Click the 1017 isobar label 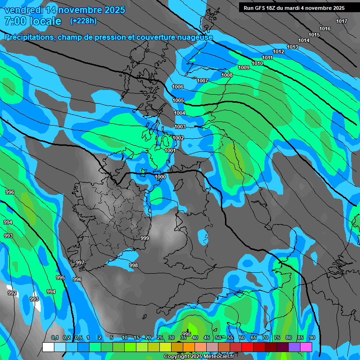click(x=342, y=21)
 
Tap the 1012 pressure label click(x=278, y=52)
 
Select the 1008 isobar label click(x=227, y=75)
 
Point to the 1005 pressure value click(x=179, y=100)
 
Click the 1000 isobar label click(x=160, y=177)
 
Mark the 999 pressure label click(x=145, y=238)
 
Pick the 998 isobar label click(x=134, y=265)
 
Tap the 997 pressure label click(x=80, y=262)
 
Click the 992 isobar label click(x=12, y=293)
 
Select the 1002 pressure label click(x=178, y=138)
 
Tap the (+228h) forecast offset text click(x=83, y=21)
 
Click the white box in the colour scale click(x=48, y=347)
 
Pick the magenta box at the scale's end click(x=306, y=347)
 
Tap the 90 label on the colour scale click(x=312, y=337)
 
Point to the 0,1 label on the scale click(x=55, y=337)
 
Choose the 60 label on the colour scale click(x=241, y=337)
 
